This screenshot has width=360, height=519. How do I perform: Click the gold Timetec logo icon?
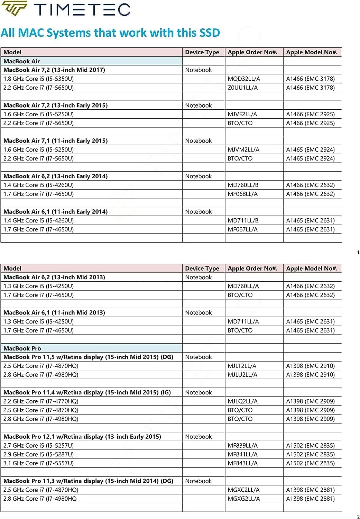pyautogui.click(x=14, y=9)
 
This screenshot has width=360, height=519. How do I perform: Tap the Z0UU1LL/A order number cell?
pyautogui.click(x=242, y=88)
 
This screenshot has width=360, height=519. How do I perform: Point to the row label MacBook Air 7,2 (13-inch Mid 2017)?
pyautogui.click(x=54, y=70)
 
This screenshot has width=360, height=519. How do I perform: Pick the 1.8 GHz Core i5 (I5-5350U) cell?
pyautogui.click(x=38, y=79)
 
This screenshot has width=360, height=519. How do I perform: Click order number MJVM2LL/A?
pyautogui.click(x=243, y=150)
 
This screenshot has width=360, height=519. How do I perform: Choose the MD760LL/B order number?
pyautogui.click(x=243, y=185)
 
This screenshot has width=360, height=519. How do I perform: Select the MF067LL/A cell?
pyautogui.click(x=242, y=229)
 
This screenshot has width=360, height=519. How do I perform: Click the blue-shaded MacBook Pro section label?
pyautogui.click(x=22, y=348)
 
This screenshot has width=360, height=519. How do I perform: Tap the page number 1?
pyautogui.click(x=358, y=253)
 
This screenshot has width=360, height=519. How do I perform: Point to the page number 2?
pyautogui.click(x=358, y=517)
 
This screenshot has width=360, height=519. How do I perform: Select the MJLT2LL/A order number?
pyautogui.click(x=242, y=366)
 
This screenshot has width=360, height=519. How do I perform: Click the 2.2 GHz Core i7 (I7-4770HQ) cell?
pyautogui.click(x=41, y=401)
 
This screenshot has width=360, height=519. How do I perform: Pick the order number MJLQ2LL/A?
pyautogui.click(x=242, y=401)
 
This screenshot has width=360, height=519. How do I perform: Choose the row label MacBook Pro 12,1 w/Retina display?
pyautogui.click(x=82, y=437)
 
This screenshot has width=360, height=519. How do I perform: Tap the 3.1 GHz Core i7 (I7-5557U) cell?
pyautogui.click(x=38, y=463)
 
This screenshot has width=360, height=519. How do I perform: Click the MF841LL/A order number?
pyautogui.click(x=242, y=455)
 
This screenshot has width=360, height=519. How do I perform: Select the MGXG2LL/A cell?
pyautogui.click(x=243, y=499)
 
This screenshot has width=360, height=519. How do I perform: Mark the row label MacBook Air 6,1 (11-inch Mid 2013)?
pyautogui.click(x=54, y=313)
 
